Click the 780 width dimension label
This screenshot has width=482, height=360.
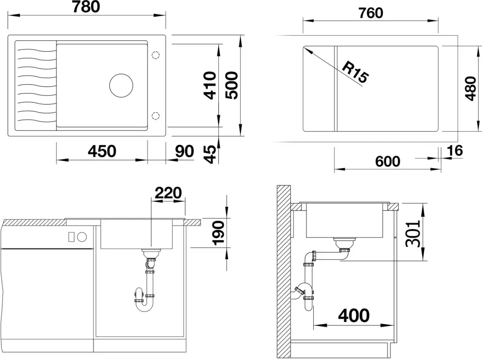pos(86,6)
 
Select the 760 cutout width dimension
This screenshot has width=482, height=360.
pos(371,13)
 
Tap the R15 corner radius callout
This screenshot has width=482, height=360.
pos(355,72)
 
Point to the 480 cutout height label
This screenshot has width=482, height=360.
pos(470,88)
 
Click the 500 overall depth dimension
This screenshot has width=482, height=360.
pos(232,85)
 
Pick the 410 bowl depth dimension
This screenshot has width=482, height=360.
pos(211,85)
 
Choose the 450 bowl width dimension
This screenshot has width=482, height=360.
pos(102,151)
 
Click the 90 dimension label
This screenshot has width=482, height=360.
pos(185,151)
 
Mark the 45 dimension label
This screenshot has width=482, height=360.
pos(211,154)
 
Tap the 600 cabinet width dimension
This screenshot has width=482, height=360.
pos(388,161)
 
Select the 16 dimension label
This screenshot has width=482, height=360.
pos(455,151)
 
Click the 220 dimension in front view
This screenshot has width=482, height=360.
pos(168,193)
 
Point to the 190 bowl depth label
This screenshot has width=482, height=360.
pos(219,233)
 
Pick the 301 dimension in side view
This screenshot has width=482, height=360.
pos(413,234)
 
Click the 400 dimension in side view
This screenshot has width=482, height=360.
pos(354,316)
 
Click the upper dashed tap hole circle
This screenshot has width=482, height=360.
pos(156,55)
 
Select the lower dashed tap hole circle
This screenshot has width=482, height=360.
pos(156,116)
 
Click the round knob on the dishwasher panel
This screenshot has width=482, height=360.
pos(82,237)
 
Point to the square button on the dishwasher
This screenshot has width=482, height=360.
pos(71,237)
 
